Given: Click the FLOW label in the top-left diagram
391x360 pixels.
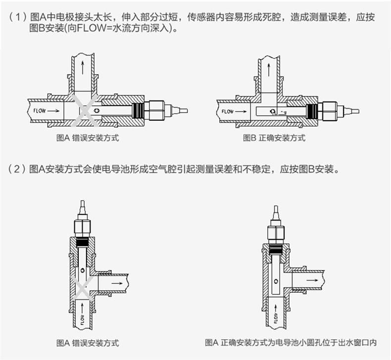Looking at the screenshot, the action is tap(40, 111).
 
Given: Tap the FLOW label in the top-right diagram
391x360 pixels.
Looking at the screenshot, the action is tap(228, 111).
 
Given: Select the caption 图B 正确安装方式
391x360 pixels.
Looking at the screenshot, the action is tap(274, 138).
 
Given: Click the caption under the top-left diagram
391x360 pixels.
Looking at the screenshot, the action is tap(88, 138).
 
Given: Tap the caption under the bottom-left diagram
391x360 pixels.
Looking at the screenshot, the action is tap(88, 343).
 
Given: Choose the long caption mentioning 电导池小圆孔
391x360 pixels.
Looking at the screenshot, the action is tap(291, 343).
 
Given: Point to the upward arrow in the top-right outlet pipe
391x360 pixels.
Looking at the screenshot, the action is tap(269, 70).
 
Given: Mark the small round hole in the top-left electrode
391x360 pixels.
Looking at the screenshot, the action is tap(97, 110).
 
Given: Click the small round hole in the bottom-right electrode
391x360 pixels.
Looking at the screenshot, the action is tap(276, 281).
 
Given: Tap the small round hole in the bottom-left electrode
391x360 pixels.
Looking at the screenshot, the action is tap(83, 270).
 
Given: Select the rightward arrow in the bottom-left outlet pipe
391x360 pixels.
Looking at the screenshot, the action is tap(117, 283).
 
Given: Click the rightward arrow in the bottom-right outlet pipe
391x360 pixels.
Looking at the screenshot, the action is tap(312, 280).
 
